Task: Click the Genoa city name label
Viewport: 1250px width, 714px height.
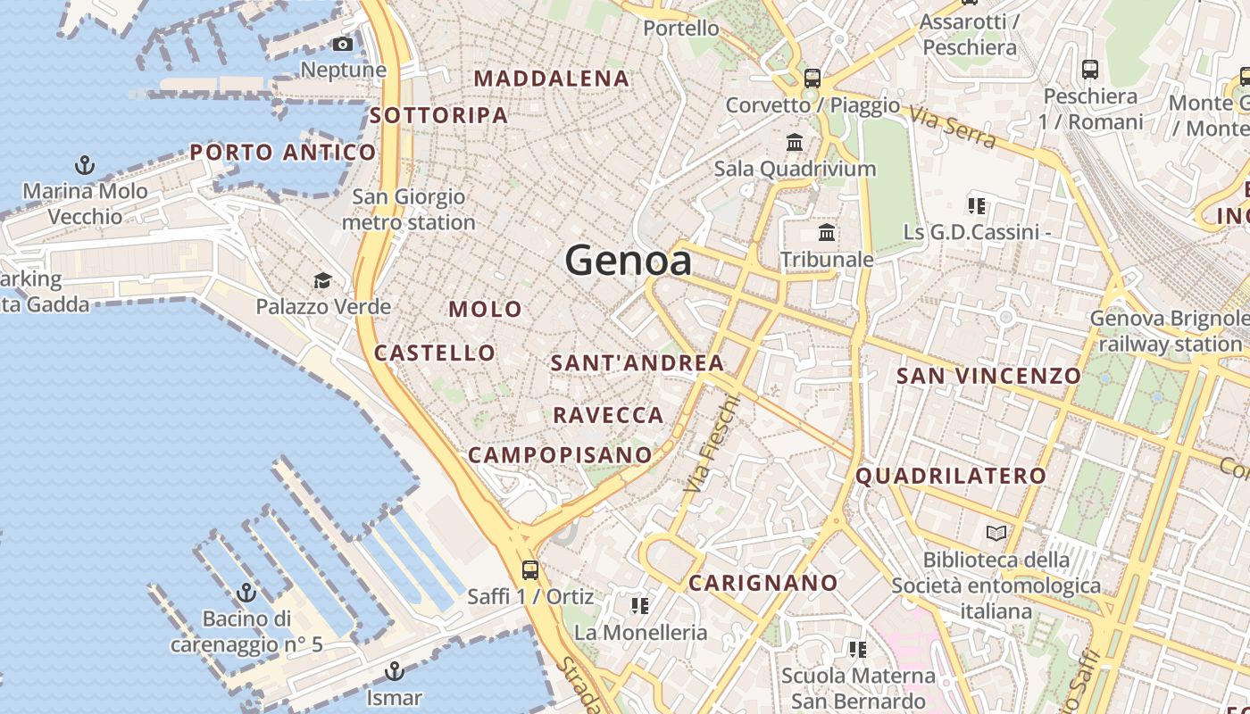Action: (x=628, y=261)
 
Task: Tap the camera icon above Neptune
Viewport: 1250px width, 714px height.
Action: (x=342, y=44)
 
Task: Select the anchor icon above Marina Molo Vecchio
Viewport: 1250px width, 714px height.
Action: (x=84, y=164)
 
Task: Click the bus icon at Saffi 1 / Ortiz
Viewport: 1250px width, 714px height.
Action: (x=530, y=569)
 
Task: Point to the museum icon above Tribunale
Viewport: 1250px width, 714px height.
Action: (x=827, y=233)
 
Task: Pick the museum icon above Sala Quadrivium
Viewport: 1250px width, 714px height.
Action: (x=795, y=142)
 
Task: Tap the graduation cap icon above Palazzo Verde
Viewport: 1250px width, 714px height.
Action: (x=322, y=280)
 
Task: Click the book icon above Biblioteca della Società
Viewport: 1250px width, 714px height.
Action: (x=996, y=534)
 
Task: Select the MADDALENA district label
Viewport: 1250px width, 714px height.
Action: (x=551, y=79)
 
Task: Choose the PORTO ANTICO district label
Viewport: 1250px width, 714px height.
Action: (x=282, y=153)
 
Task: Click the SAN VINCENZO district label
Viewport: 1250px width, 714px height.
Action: (x=988, y=376)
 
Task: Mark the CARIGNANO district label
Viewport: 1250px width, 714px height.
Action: (x=763, y=584)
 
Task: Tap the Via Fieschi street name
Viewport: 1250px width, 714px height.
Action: (x=712, y=444)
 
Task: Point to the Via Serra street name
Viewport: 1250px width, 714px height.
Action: (x=954, y=126)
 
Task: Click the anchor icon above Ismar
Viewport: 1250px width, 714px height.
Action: (x=394, y=670)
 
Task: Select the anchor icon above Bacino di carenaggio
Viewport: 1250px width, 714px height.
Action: (x=246, y=593)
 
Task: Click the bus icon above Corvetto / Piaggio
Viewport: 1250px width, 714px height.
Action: (x=812, y=78)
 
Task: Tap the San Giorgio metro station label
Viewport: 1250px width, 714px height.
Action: (x=409, y=209)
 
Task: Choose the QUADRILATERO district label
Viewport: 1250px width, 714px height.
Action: (x=950, y=476)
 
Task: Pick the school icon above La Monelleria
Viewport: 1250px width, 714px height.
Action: (x=639, y=606)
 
